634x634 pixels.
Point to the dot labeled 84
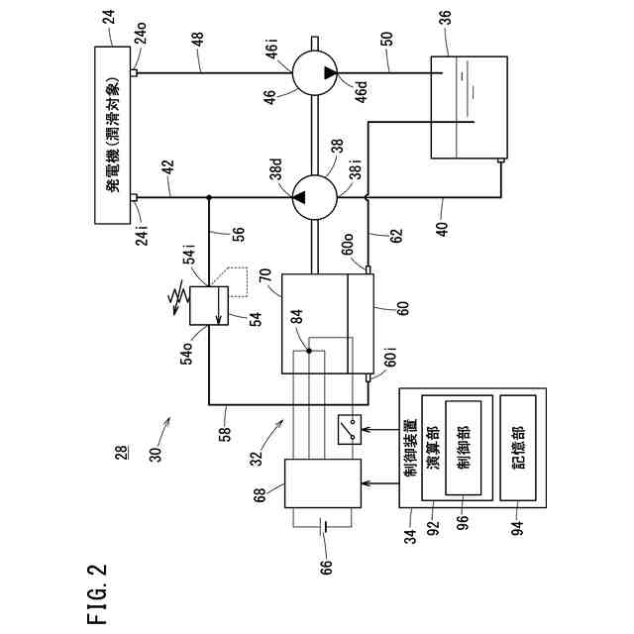click(x=309, y=351)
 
